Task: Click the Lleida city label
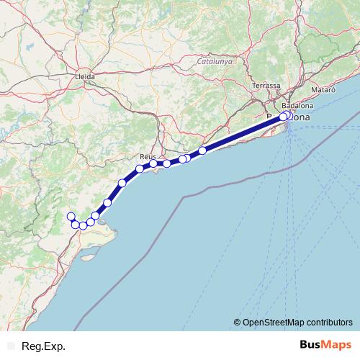[84, 75]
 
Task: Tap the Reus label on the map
[148, 156]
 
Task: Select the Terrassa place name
[266, 86]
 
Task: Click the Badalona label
[297, 105]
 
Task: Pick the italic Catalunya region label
[215, 63]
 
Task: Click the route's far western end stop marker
[71, 217]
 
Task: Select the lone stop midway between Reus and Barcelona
[202, 150]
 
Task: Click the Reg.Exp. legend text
[43, 346]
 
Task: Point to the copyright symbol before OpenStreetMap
[237, 322]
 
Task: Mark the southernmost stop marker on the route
[83, 225]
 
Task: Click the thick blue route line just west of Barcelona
[245, 133]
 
